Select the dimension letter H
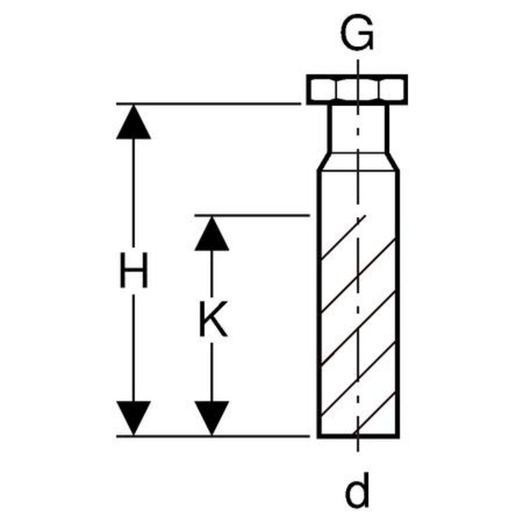(x=134, y=270)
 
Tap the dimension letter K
(x=213, y=319)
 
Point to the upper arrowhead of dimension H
(x=134, y=122)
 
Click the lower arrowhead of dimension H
(x=134, y=418)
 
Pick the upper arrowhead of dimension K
(x=212, y=234)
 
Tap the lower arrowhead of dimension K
(x=212, y=418)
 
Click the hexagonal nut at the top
(x=357, y=89)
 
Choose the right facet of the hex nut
(x=392, y=89)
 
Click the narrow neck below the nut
(x=358, y=129)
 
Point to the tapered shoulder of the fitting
(x=358, y=162)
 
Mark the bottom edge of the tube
(x=358, y=436)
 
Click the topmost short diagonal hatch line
(x=343, y=238)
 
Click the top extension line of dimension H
(x=209, y=104)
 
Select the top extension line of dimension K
(x=253, y=216)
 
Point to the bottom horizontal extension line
(x=213, y=436)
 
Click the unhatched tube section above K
(x=358, y=194)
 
